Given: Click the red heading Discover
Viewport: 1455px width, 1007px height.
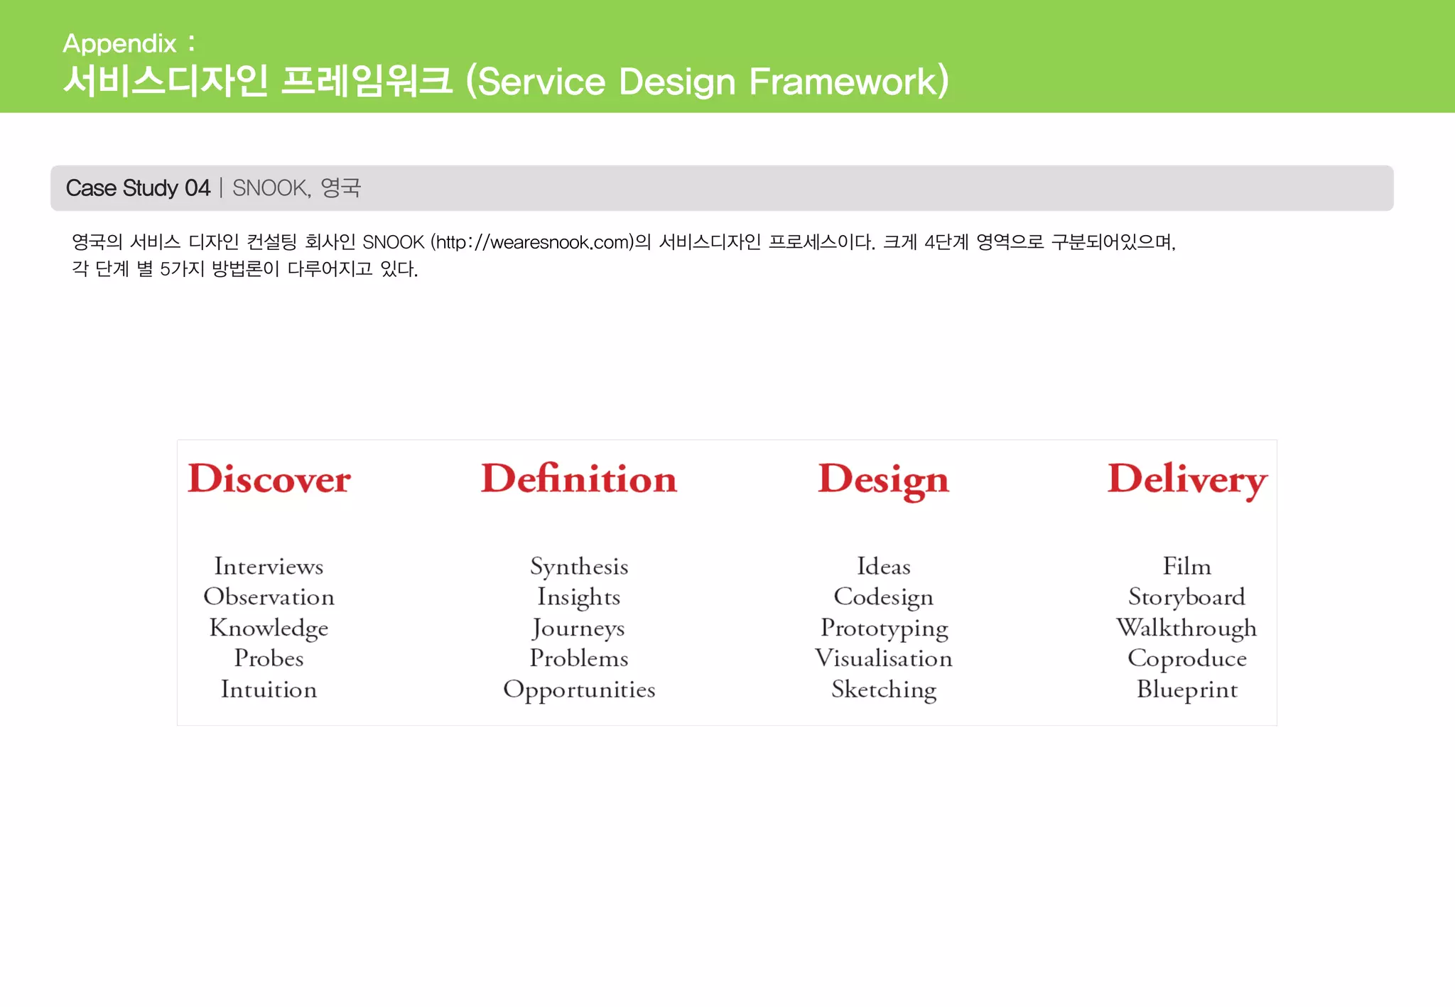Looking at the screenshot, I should click(x=269, y=479).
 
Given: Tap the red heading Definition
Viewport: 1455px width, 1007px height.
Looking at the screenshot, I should click(x=579, y=479).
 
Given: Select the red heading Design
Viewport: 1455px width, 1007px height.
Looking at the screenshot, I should click(x=883, y=480).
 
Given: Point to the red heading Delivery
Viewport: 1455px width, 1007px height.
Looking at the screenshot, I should click(x=1187, y=480).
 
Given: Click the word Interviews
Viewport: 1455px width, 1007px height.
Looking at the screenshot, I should click(x=269, y=566).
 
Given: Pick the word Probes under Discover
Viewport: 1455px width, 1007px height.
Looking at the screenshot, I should click(x=269, y=658).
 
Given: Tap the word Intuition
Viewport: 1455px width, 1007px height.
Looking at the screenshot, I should click(x=269, y=690).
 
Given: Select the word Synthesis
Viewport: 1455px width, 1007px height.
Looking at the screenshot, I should click(x=579, y=567).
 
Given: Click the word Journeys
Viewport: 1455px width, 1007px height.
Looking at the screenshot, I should click(x=579, y=628).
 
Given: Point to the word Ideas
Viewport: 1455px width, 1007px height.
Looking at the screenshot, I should click(x=883, y=566).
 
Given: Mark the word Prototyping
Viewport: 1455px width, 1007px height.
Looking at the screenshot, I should click(x=884, y=628).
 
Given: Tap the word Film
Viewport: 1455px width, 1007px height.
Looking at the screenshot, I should click(x=1187, y=566).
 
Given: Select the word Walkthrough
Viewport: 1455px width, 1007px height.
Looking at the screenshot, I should click(x=1186, y=628).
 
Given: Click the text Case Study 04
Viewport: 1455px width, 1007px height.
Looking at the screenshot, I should click(x=138, y=188).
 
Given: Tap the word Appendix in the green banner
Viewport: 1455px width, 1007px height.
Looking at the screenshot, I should click(x=119, y=44).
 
